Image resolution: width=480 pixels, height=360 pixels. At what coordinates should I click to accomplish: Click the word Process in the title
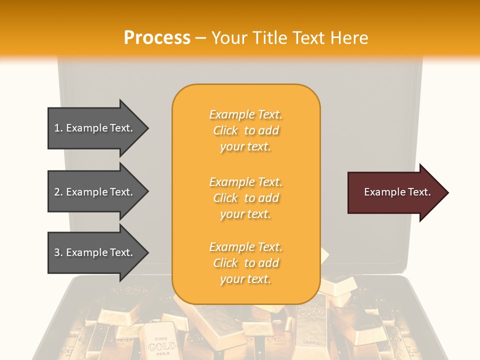pyautogui.click(x=157, y=37)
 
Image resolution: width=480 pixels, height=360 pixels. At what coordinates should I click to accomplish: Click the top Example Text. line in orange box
pyautogui.click(x=245, y=114)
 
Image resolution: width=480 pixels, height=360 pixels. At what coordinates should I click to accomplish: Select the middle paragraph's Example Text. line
pyautogui.click(x=245, y=182)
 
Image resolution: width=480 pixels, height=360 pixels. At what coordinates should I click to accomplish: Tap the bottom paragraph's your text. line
pyautogui.click(x=245, y=279)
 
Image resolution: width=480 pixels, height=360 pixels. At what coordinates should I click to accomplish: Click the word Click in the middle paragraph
pyautogui.click(x=225, y=198)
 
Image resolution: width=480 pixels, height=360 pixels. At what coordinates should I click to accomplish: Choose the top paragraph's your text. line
pyautogui.click(x=245, y=147)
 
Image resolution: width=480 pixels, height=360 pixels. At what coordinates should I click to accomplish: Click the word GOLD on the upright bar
pyautogui.click(x=161, y=345)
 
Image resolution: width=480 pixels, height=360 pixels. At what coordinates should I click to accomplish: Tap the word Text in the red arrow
pyautogui.click(x=419, y=192)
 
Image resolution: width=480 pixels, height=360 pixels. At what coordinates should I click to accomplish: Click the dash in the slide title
pyautogui.click(x=201, y=38)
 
